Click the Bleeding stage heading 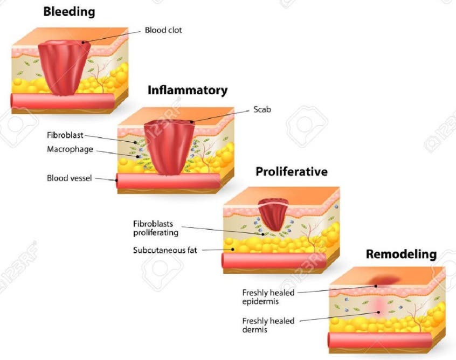(69, 12)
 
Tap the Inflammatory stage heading (188, 91)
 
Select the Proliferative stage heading (292, 171)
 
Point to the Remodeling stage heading (402, 254)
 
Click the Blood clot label (163, 30)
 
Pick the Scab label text (262, 109)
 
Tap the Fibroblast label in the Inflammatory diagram (65, 135)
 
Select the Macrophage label (70, 149)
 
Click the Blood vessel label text (69, 178)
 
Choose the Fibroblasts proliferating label (156, 229)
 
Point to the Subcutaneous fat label (165, 250)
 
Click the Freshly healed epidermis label (268, 297)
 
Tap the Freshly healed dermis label (268, 325)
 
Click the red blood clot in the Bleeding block (64, 68)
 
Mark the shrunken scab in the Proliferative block (273, 214)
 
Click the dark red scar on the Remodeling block (384, 280)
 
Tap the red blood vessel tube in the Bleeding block (63, 101)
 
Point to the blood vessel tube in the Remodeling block (380, 340)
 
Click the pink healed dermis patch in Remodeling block (379, 308)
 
